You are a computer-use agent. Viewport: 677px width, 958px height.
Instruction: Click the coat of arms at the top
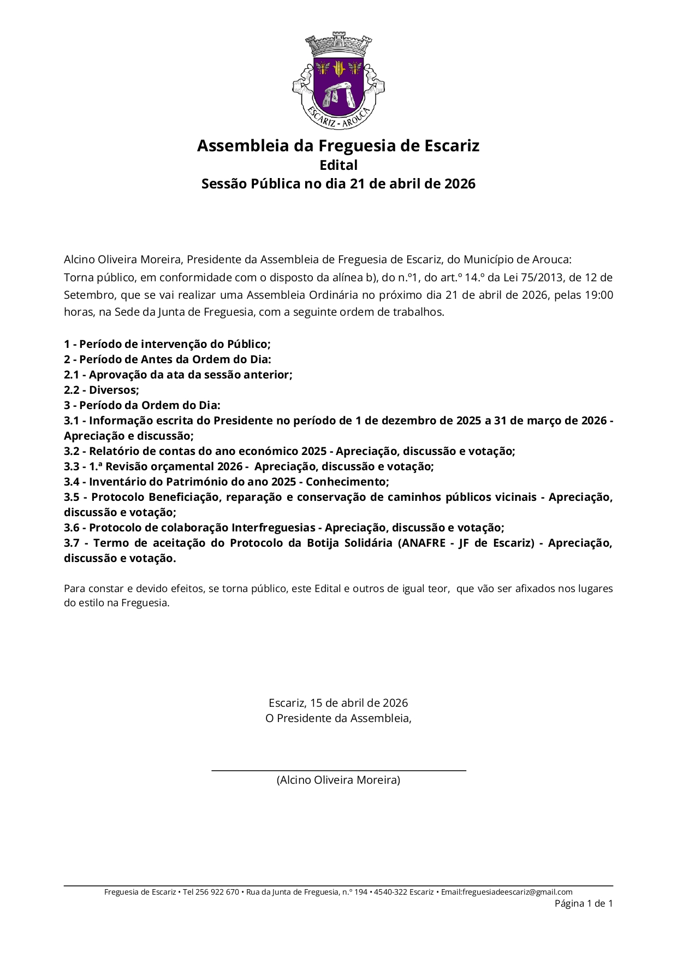[x=339, y=80]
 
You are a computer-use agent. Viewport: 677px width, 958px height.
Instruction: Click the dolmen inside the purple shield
[x=339, y=96]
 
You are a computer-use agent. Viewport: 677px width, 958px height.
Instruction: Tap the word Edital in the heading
[x=339, y=165]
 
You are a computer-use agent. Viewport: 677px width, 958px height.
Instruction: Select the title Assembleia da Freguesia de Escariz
[x=339, y=146]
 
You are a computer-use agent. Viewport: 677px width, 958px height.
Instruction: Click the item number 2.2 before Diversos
[x=72, y=390]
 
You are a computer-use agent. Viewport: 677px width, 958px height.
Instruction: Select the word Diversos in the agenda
[x=114, y=390]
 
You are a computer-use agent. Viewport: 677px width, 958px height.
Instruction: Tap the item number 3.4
[x=72, y=482]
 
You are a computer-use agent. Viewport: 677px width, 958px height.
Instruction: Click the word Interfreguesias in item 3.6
[x=274, y=528]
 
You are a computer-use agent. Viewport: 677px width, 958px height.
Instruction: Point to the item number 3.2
[x=72, y=451]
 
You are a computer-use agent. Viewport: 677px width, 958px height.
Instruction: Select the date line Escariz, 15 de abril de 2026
[x=339, y=703]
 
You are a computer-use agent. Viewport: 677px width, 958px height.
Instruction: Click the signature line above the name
[x=339, y=770]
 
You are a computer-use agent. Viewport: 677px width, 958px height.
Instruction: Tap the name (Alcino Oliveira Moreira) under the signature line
[x=339, y=780]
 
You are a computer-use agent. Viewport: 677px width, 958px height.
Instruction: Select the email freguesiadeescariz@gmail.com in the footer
[x=517, y=892]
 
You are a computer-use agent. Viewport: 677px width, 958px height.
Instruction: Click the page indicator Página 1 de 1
[x=584, y=903]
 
